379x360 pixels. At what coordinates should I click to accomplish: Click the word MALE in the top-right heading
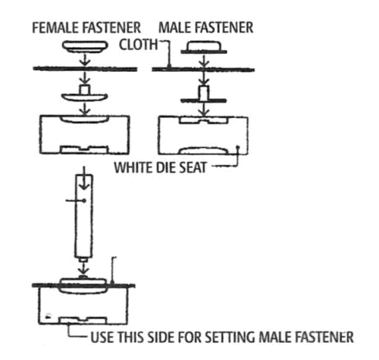coord(176,28)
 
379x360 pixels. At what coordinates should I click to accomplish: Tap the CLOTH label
coord(138,45)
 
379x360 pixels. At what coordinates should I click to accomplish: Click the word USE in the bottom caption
coord(102,337)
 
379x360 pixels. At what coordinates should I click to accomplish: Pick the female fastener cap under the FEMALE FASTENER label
coord(85,47)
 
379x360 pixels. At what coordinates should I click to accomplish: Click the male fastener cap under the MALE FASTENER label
coord(204,48)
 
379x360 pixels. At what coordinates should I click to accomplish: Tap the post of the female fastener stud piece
coord(85,90)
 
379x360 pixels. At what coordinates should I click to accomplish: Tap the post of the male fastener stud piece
coord(204,93)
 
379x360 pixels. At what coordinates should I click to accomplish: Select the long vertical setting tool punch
coord(84,216)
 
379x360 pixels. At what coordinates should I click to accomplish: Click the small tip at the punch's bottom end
coord(84,259)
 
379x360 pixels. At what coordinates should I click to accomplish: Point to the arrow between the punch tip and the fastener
coord(83,268)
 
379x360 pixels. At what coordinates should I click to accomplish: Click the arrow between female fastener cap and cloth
coord(86,60)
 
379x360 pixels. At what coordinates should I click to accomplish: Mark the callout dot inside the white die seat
coord(237,147)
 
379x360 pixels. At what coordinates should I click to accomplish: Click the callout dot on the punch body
coord(84,201)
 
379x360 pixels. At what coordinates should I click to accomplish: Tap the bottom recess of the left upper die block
coord(85,149)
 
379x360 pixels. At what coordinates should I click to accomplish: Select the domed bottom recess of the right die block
coord(204,150)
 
